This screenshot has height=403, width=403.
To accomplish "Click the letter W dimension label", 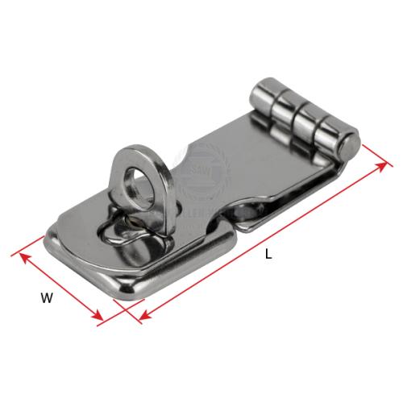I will [47, 298].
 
